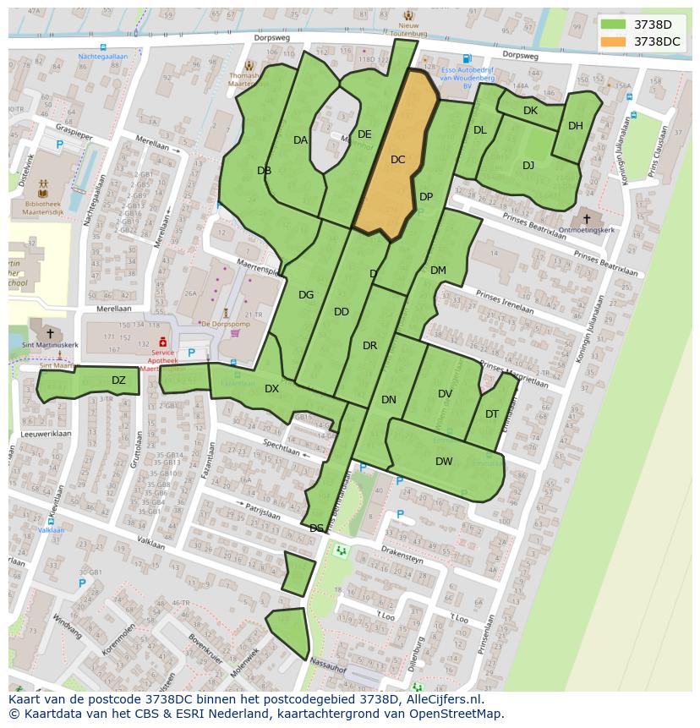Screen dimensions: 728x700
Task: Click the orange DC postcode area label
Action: tap(398, 159)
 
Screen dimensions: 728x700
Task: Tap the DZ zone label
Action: tap(118, 380)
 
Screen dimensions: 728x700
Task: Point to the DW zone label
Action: tap(444, 461)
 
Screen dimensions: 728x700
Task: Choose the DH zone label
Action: tap(576, 126)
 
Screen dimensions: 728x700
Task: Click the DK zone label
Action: tap(530, 111)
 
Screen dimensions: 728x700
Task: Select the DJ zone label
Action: tap(528, 165)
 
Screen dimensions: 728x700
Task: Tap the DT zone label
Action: tap(492, 413)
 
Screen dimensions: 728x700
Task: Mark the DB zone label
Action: tap(264, 171)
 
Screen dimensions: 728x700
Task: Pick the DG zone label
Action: tap(306, 295)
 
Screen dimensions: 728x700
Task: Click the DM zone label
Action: tap(438, 271)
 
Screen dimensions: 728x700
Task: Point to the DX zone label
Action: tap(271, 389)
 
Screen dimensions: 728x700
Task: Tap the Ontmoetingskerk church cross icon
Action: tap(587, 219)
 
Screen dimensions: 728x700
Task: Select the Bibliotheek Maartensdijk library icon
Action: tap(43, 193)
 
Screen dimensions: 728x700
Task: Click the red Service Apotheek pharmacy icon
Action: tap(162, 341)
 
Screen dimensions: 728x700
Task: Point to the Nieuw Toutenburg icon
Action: tap(409, 16)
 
